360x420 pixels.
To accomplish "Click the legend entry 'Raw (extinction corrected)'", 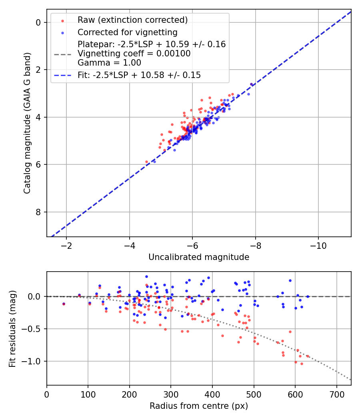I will (x=132, y=20).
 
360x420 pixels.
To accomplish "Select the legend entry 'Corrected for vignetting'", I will (x=128, y=32).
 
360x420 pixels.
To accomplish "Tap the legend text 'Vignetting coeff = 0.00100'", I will (x=134, y=54).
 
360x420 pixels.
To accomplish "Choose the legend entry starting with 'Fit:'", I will (x=139, y=75).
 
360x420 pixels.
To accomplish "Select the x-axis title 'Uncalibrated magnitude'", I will (x=199, y=257).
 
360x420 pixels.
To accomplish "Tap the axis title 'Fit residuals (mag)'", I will (x=12, y=328).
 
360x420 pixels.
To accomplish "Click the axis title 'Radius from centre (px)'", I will (x=199, y=406).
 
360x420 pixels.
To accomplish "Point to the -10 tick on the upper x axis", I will (x=318, y=244).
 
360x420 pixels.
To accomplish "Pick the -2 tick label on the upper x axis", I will (x=66, y=244).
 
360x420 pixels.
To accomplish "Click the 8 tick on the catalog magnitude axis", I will (x=39, y=212).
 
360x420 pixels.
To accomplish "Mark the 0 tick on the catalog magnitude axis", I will (x=39, y=22).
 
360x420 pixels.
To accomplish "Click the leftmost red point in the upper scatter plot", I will (x=146, y=162).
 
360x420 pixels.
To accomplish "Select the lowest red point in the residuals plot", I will (x=302, y=364).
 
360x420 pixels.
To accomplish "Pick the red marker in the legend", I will (x=62, y=20).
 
